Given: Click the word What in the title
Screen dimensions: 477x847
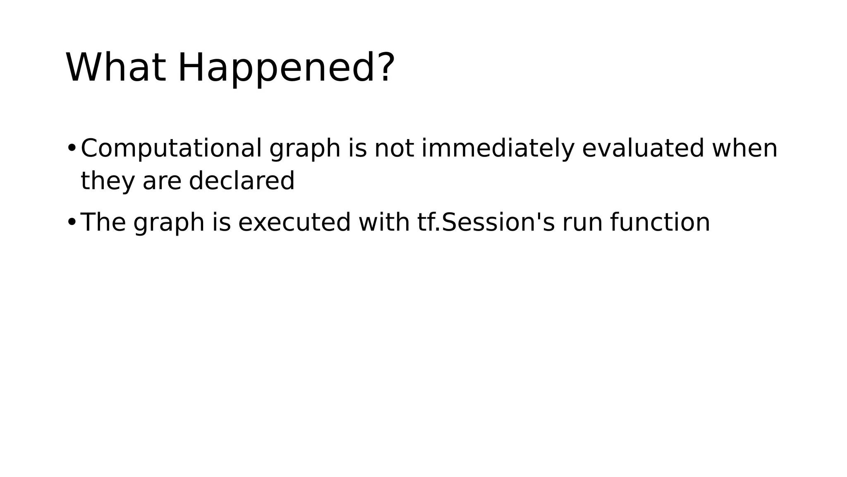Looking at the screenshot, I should coord(116,67).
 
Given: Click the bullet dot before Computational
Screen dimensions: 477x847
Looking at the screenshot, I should coord(71,148).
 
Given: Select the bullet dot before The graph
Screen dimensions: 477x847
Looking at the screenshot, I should coord(71,222).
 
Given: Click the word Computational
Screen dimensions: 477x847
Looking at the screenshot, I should coord(171,148).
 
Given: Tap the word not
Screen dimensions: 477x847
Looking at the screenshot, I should coord(394,148).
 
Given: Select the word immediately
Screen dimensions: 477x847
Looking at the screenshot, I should coord(498,149).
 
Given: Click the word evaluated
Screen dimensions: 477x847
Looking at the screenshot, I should coord(643,148).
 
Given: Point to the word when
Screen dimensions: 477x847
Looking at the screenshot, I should coord(744,148).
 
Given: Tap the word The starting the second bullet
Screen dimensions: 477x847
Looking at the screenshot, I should coord(103,222).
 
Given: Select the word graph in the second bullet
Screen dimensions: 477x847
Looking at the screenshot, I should coord(169,224).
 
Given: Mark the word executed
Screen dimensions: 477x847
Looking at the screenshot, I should coord(294,222).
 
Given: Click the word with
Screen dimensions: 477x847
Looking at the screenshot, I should coord(384,222).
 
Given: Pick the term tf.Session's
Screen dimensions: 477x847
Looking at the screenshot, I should coord(486,222).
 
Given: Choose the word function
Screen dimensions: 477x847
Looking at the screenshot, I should coord(660,222).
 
